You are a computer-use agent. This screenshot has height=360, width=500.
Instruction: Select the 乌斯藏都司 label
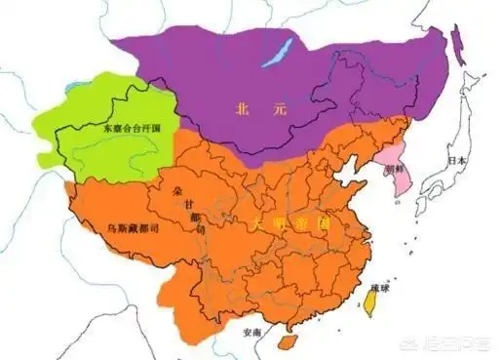point(122,227)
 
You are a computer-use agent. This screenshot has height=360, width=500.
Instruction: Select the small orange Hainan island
point(285,341)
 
